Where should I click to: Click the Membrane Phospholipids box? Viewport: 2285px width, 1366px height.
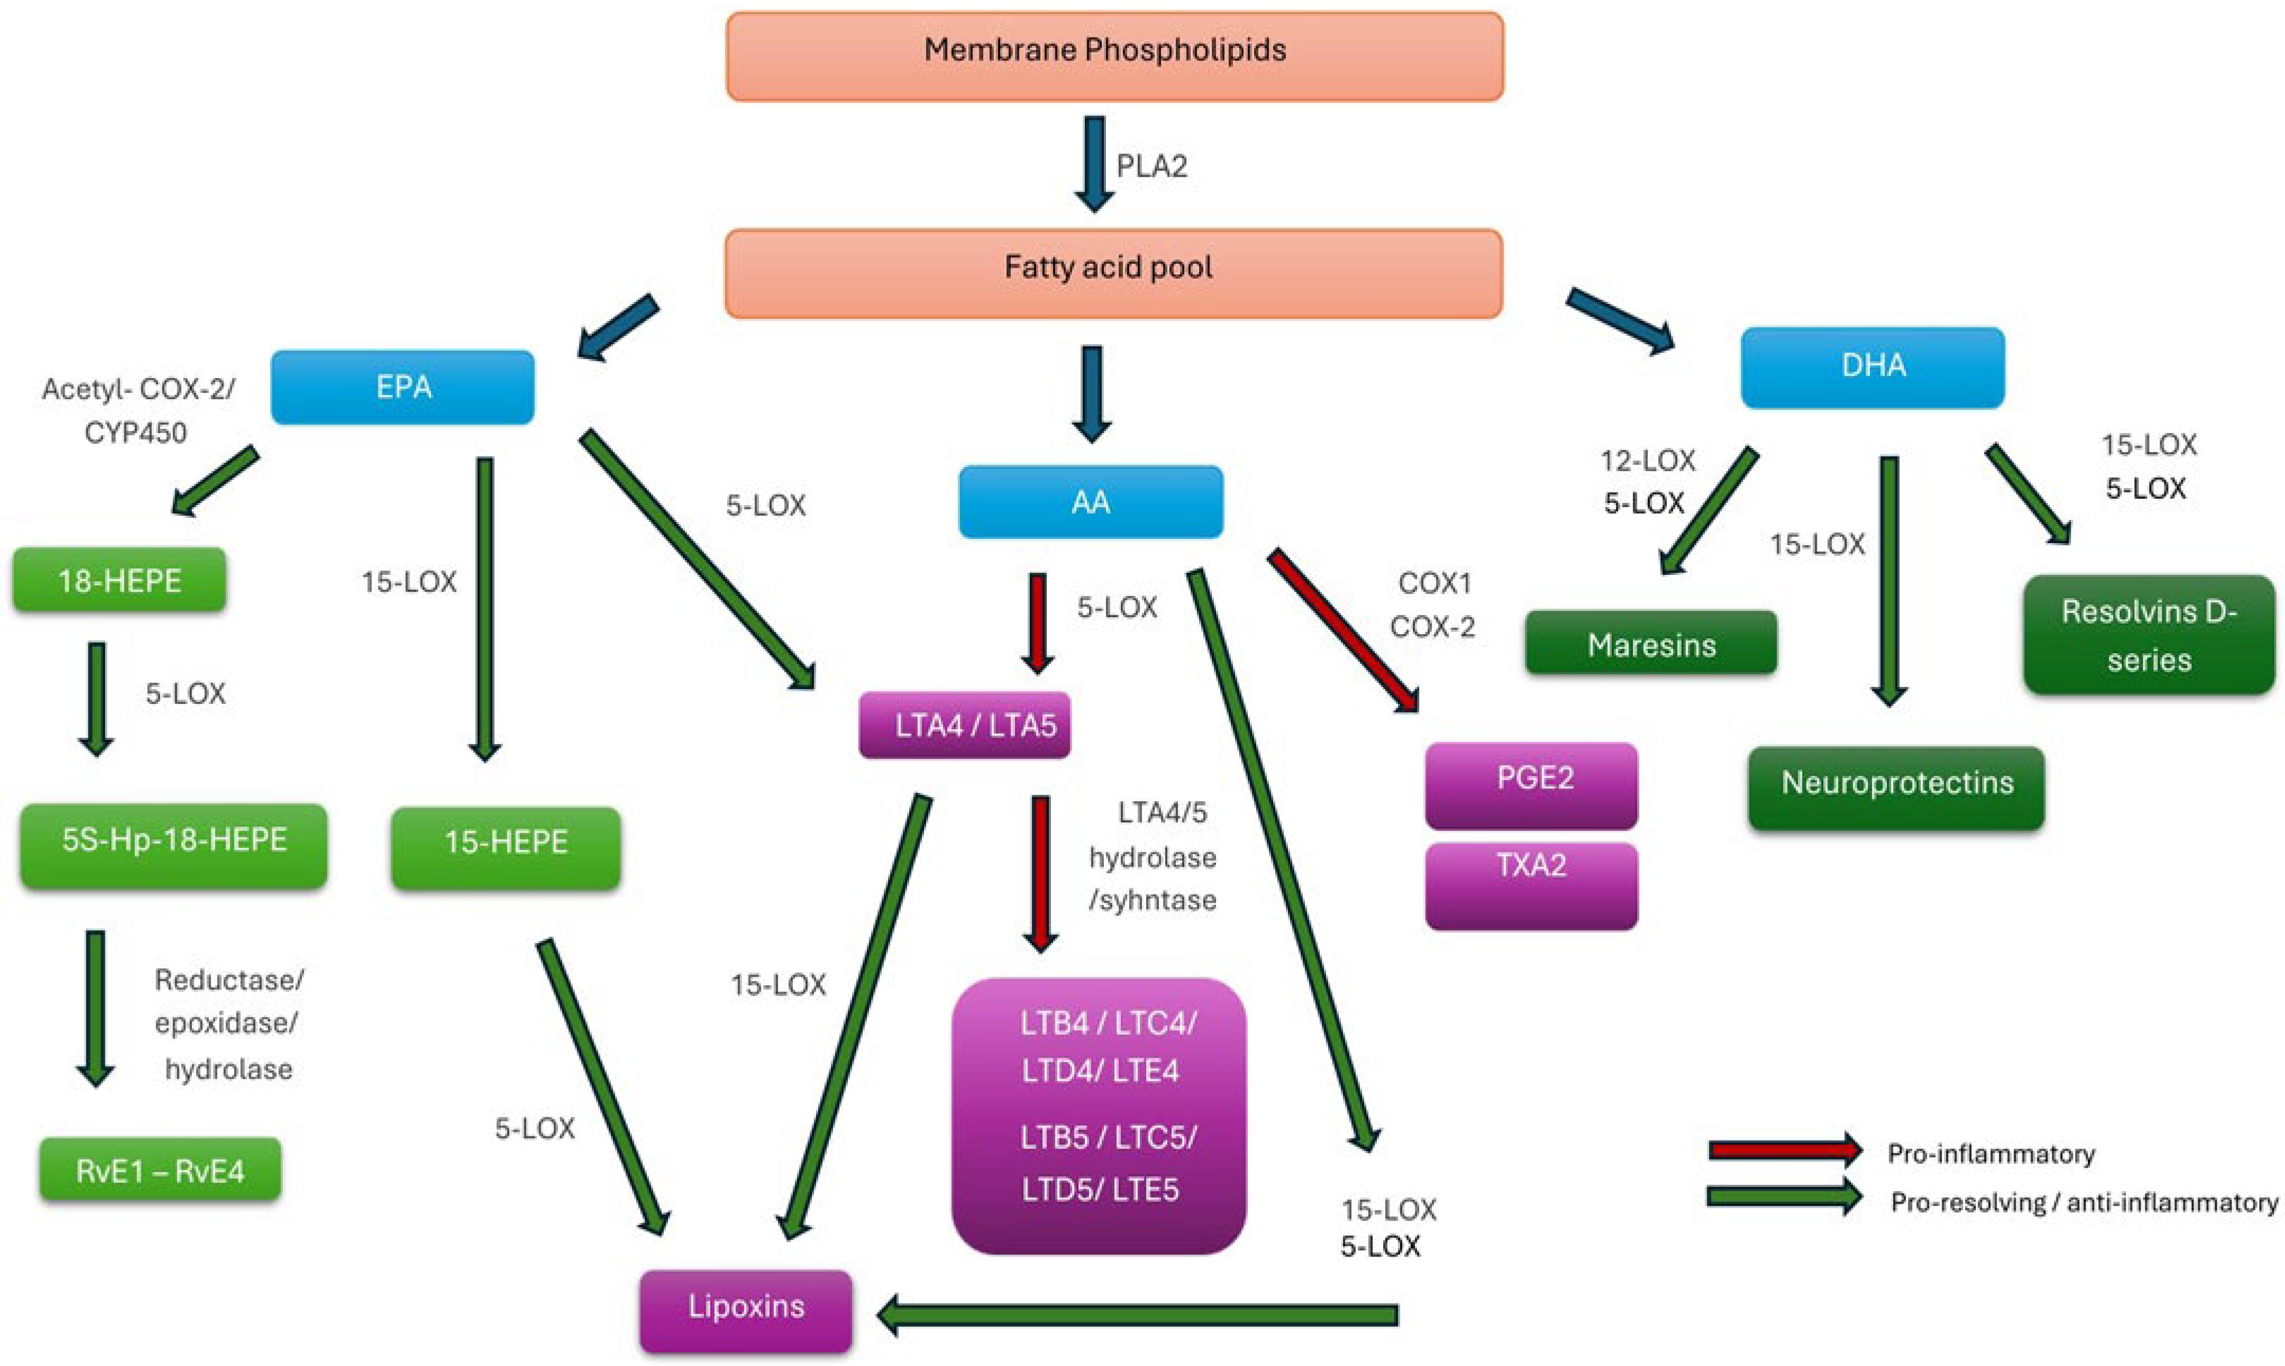pos(1114,55)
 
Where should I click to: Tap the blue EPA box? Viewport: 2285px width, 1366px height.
pos(403,387)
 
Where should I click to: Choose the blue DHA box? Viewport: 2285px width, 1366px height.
pos(1872,366)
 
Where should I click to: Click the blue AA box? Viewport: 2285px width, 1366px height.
pos(1091,502)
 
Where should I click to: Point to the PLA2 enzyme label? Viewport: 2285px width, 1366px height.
pos(1151,167)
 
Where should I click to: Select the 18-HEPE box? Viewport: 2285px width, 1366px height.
pos(119,580)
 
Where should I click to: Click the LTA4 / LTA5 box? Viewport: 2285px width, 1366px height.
pos(964,726)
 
